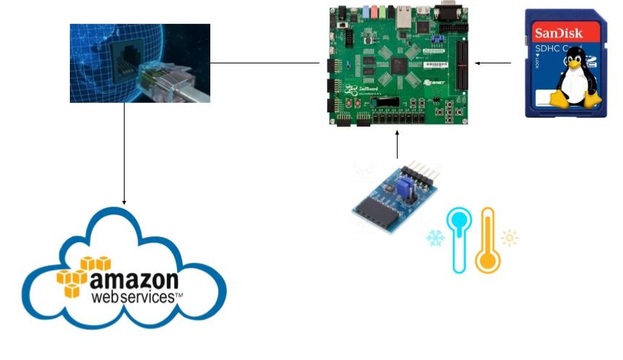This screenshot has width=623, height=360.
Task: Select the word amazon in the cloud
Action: click(x=134, y=279)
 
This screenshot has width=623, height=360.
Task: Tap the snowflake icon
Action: click(x=435, y=238)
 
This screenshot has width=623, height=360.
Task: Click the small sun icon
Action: click(x=510, y=237)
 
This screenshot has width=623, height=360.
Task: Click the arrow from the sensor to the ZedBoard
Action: click(x=397, y=145)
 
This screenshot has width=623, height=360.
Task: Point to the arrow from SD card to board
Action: click(x=493, y=63)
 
